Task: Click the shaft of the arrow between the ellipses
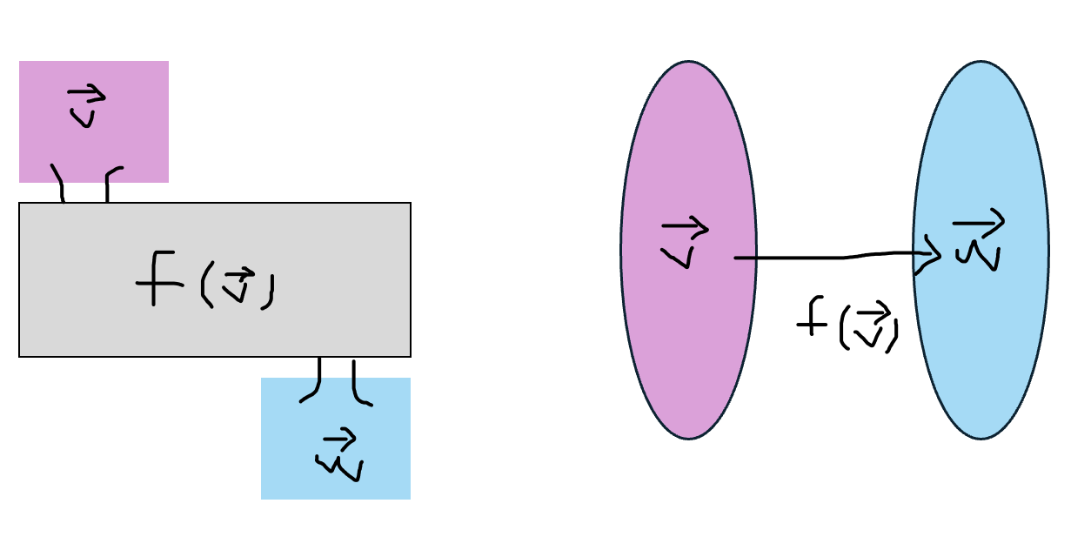827,258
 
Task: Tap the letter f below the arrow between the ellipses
811,319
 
